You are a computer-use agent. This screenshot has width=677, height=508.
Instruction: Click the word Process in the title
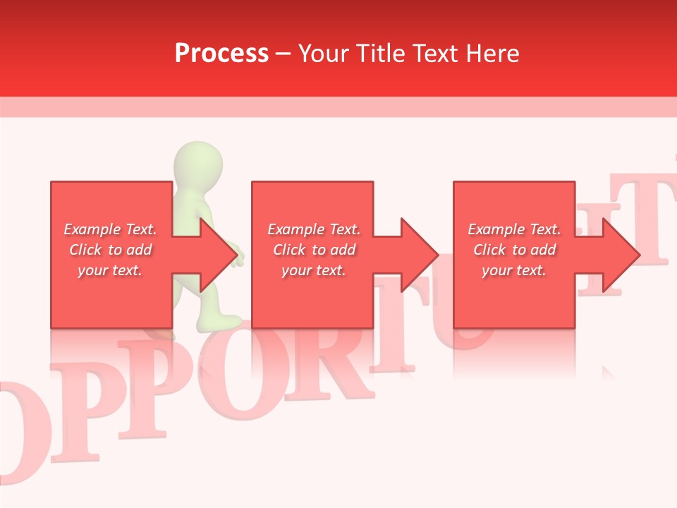click(221, 54)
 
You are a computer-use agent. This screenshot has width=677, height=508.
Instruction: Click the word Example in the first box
click(92, 229)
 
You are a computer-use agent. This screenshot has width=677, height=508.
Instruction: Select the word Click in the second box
click(288, 250)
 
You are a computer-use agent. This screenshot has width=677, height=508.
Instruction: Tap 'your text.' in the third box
click(513, 270)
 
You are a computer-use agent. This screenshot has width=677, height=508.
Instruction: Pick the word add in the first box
click(139, 250)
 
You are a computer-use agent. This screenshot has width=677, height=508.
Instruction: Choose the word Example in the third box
click(496, 229)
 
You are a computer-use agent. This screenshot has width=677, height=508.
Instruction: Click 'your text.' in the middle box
click(313, 270)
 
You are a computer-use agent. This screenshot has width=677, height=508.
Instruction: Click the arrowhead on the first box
click(218, 255)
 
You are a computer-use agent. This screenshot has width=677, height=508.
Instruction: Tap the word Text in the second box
click(345, 229)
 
